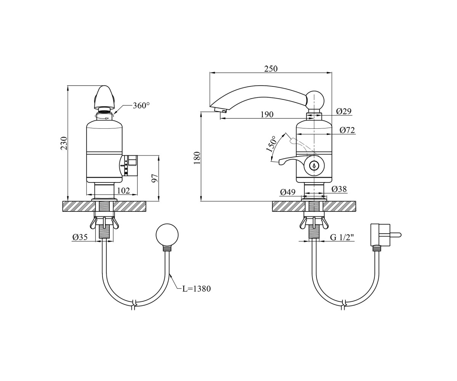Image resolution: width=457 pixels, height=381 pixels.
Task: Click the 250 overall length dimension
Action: (271, 69)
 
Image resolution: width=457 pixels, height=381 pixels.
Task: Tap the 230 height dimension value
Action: (64, 143)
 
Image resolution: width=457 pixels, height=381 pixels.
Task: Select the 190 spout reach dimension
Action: (267, 115)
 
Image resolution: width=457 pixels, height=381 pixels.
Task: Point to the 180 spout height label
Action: (197, 158)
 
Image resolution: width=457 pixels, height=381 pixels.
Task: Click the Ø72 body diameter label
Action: (347, 130)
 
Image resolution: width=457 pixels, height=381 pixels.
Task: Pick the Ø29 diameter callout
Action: (344, 111)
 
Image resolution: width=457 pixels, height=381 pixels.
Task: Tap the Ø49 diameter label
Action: (288, 192)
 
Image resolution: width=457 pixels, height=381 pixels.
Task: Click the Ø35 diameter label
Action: (80, 237)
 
